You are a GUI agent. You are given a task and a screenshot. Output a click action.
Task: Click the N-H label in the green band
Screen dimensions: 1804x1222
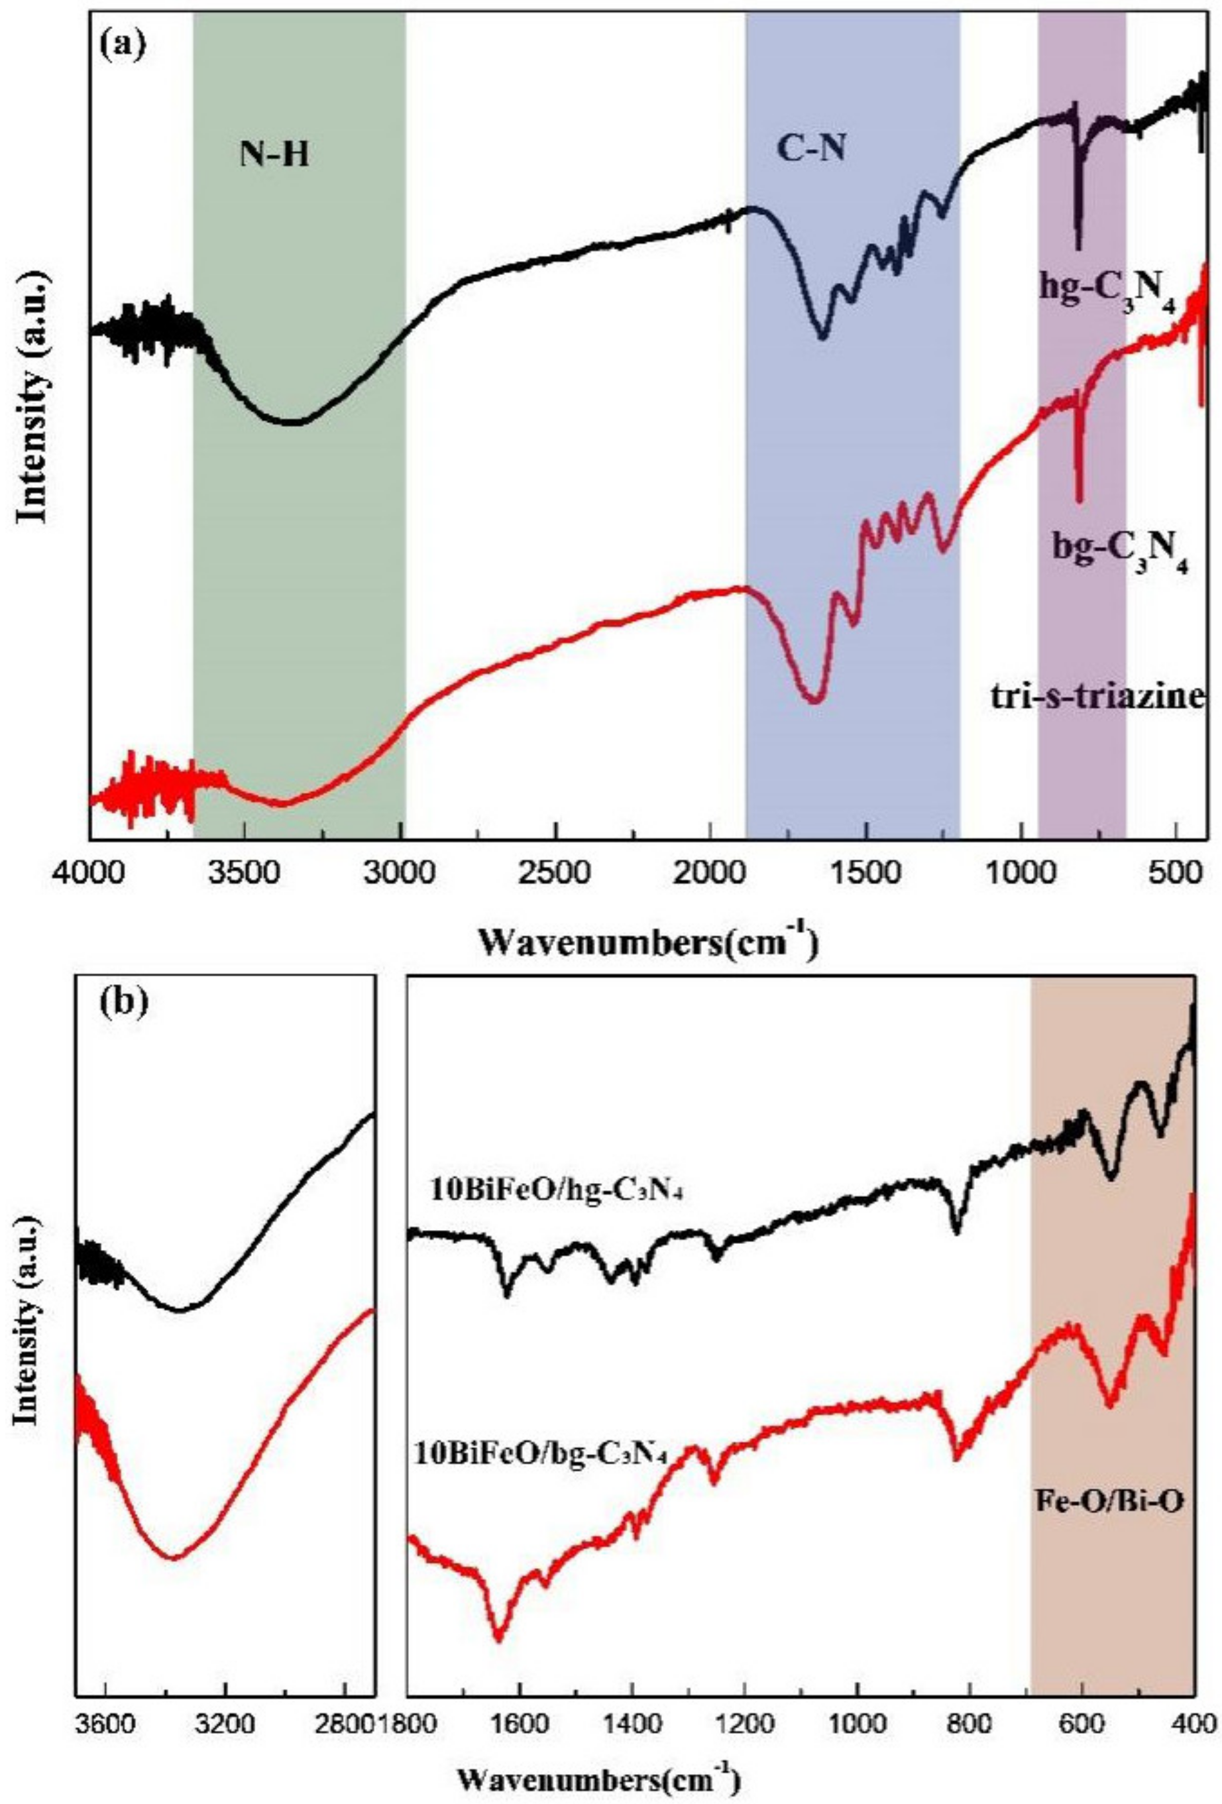(x=272, y=155)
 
